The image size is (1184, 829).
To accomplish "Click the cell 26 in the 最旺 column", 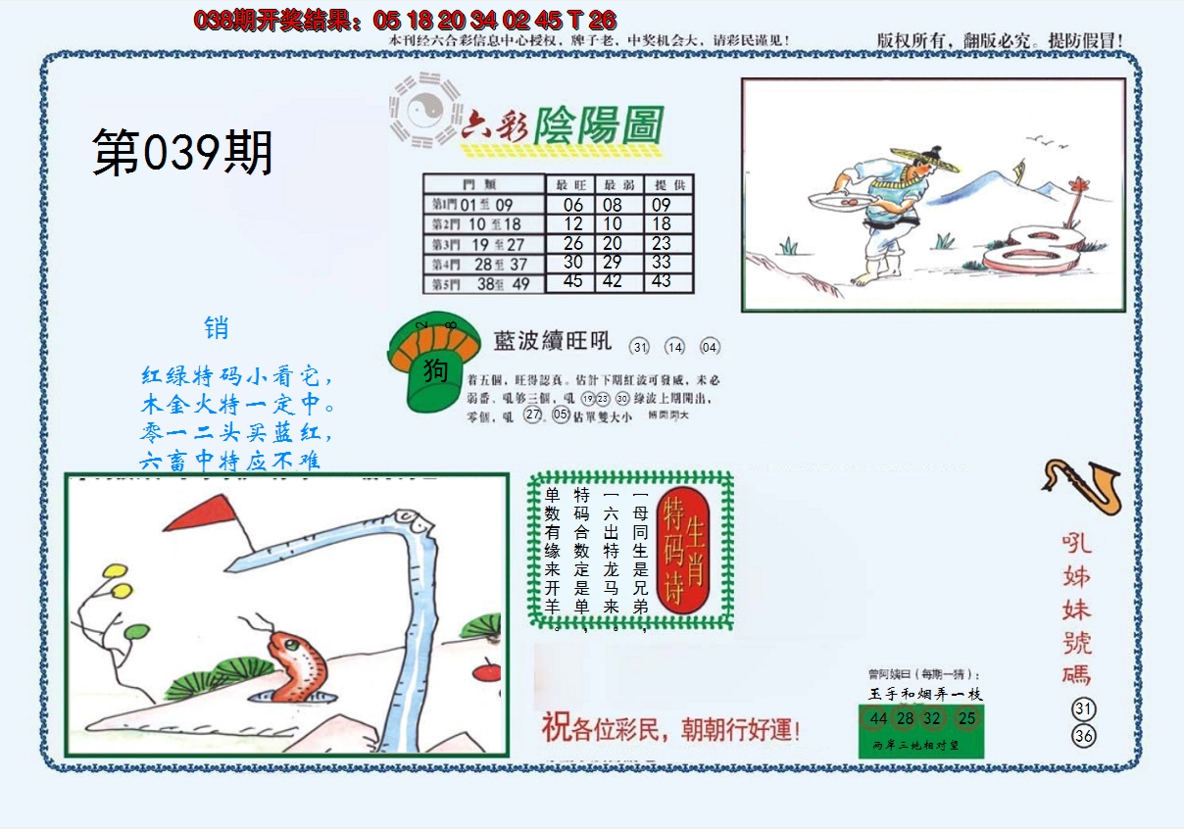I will pyautogui.click(x=573, y=243).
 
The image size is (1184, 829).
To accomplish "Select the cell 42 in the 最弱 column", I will pyautogui.click(x=613, y=281).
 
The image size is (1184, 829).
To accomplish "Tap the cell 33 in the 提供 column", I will pyautogui.click(x=662, y=262).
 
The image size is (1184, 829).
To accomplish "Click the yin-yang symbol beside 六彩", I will pyautogui.click(x=422, y=110).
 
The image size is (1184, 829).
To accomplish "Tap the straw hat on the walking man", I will pyautogui.click(x=926, y=158).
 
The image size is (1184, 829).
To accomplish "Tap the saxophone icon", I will pyautogui.click(x=1082, y=485).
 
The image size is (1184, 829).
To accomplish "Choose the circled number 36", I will pyautogui.click(x=1083, y=736).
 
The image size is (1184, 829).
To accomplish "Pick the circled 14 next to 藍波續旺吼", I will pyautogui.click(x=674, y=347).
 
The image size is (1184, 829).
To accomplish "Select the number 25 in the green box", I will pyautogui.click(x=967, y=719).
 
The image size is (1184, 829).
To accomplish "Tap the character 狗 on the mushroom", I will pyautogui.click(x=436, y=371).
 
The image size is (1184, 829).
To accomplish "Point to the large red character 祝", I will pyautogui.click(x=556, y=728).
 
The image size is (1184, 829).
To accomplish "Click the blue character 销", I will pyautogui.click(x=217, y=328).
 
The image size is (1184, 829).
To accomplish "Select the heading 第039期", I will pyautogui.click(x=182, y=154).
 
